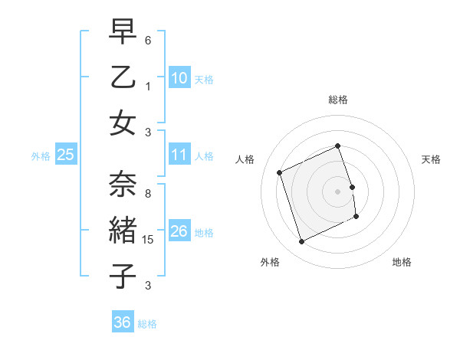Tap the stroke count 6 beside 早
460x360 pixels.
point(148,40)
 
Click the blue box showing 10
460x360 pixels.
point(179,77)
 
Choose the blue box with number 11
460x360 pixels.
point(179,155)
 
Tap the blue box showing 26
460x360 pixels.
point(179,231)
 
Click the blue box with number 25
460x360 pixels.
point(65,155)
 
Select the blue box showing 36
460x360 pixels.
point(122,322)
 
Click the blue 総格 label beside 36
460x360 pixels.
point(147,324)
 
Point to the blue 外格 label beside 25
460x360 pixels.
point(41,156)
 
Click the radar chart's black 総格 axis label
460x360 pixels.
point(338,100)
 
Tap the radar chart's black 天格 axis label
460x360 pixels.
point(432,159)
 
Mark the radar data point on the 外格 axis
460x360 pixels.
point(301,242)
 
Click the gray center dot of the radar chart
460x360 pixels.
point(338,191)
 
